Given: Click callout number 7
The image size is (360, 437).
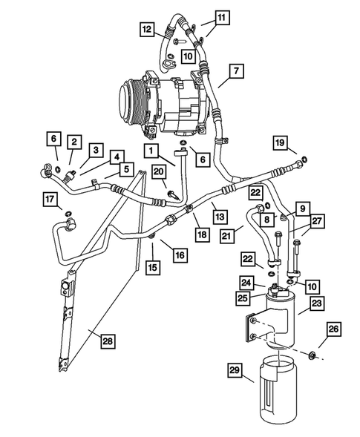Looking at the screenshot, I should [x=235, y=71].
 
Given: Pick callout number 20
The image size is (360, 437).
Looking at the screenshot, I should [x=159, y=172].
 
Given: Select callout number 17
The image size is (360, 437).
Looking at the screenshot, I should [x=50, y=199].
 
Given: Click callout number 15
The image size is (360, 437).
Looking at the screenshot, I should [x=152, y=266].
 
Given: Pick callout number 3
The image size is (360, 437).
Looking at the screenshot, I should [x=96, y=149].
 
